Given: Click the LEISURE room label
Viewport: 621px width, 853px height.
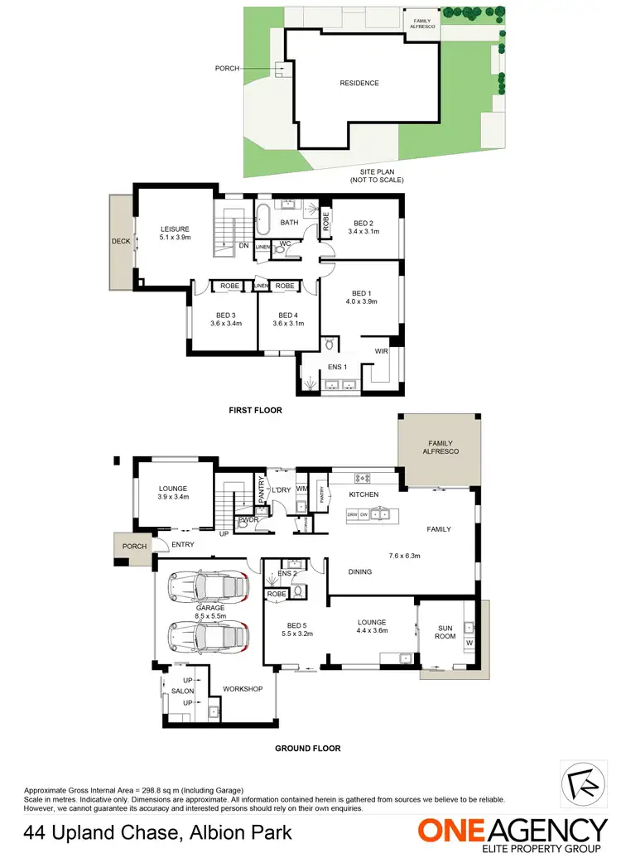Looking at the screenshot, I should click(x=175, y=229).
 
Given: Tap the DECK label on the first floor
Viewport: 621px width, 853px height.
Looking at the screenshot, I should click(x=121, y=242).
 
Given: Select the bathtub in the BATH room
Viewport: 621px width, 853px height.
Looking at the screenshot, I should click(x=262, y=219).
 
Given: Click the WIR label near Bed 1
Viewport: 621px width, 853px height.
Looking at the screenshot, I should click(x=381, y=352).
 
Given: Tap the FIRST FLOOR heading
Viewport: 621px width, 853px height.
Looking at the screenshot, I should click(x=256, y=410).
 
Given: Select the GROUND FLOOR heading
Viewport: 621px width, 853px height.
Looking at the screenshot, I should click(x=307, y=748).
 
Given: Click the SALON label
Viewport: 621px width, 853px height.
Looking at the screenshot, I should click(x=182, y=691).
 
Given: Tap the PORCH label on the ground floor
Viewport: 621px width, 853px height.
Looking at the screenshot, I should click(x=134, y=547).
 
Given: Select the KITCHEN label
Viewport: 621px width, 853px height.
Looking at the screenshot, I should click(x=363, y=494).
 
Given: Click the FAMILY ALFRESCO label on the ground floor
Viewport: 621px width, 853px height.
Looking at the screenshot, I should click(x=437, y=447).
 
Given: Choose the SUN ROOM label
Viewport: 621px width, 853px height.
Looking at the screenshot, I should click(x=445, y=634).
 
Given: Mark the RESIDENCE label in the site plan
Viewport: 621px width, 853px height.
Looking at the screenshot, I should click(x=359, y=83).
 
